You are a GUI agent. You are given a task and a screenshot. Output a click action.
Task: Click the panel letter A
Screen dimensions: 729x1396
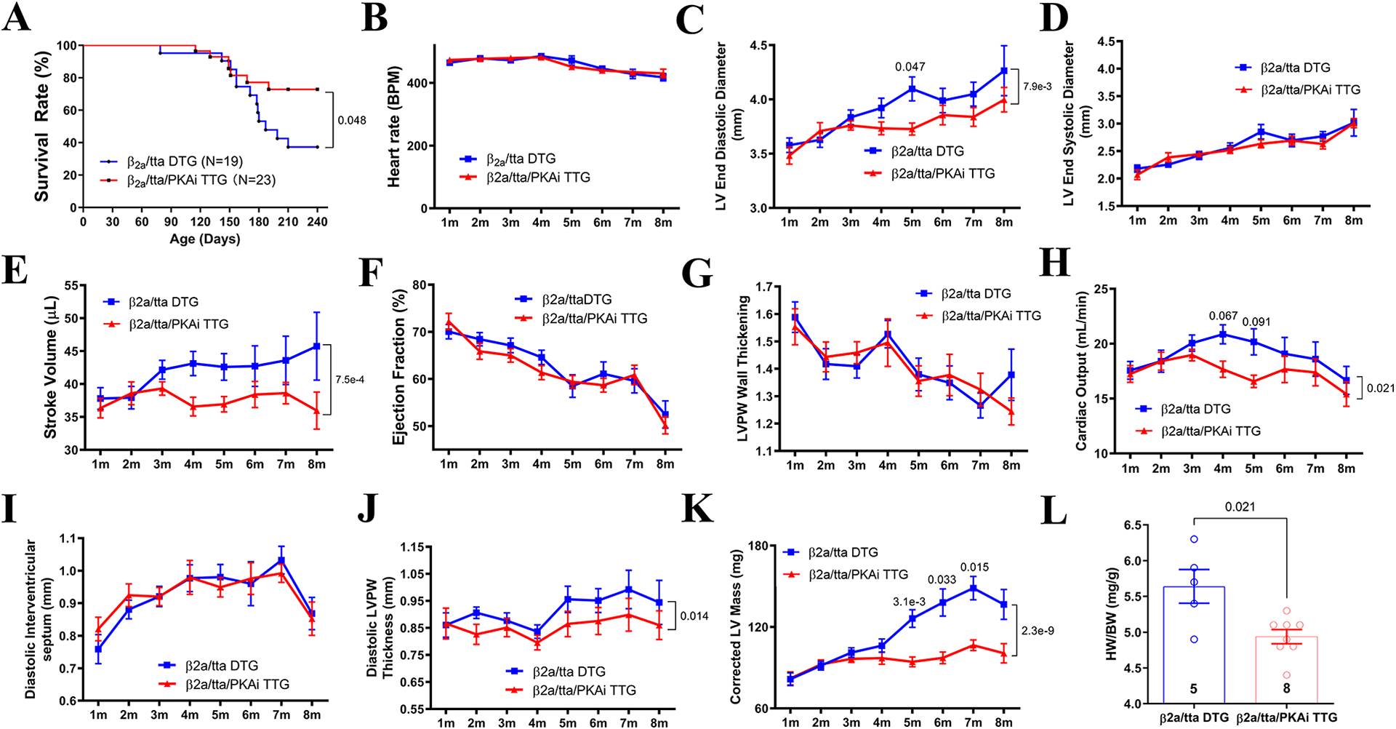[17, 18]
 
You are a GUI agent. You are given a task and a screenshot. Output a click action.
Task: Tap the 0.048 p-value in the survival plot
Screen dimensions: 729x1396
[352, 120]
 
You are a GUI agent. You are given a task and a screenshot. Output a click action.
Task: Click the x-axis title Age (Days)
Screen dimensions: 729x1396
[205, 239]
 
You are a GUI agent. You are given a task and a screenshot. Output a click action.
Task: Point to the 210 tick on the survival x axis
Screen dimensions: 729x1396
[288, 222]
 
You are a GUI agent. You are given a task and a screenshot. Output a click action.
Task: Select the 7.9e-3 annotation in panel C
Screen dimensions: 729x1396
[1037, 86]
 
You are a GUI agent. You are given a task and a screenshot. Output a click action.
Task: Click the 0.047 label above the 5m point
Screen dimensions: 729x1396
[910, 67]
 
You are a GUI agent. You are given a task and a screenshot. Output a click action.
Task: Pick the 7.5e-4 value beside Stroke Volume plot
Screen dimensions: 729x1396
[350, 380]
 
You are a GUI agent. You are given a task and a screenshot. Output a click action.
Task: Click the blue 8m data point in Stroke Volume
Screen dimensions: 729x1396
[316, 346]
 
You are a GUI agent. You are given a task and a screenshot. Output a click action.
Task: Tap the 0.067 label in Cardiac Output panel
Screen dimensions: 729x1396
[1223, 316]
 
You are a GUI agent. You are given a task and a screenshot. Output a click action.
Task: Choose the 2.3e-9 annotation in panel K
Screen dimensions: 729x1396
[1038, 631]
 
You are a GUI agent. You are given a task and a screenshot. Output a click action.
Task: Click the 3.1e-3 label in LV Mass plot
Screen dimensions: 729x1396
[909, 602]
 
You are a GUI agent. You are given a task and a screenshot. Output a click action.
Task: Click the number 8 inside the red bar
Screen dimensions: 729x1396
[1286, 688]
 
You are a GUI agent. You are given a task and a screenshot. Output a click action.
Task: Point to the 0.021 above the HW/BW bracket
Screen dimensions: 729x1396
[1240, 507]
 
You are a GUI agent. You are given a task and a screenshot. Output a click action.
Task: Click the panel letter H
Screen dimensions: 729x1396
[1054, 262]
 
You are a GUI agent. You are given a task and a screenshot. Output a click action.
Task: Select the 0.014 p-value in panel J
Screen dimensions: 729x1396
[694, 616]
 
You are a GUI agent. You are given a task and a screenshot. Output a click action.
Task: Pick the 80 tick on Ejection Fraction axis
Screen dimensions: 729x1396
[420, 285]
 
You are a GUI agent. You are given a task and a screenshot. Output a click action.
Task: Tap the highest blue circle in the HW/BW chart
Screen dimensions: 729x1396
[1194, 539]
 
